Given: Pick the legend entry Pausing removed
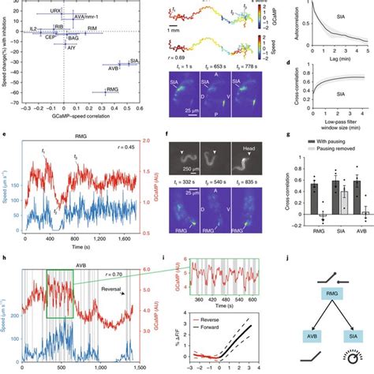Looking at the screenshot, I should point(335,148).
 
